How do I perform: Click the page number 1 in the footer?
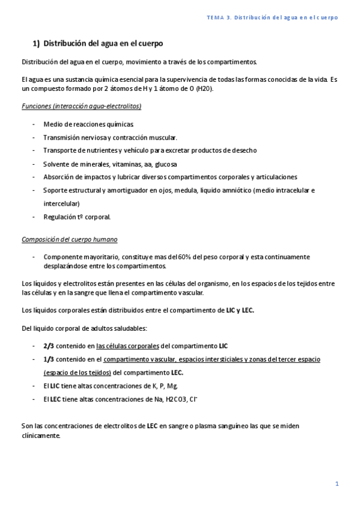click(x=337, y=484)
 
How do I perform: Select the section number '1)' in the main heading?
click(x=35, y=44)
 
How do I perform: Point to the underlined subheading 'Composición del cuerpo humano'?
click(x=69, y=239)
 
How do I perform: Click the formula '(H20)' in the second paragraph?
click(x=204, y=88)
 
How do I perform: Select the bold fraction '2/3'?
click(x=49, y=346)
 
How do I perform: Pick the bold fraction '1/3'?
click(x=49, y=358)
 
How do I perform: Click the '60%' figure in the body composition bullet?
click(x=185, y=257)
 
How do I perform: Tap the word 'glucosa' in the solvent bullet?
click(x=165, y=164)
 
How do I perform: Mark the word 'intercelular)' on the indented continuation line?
click(x=61, y=203)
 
